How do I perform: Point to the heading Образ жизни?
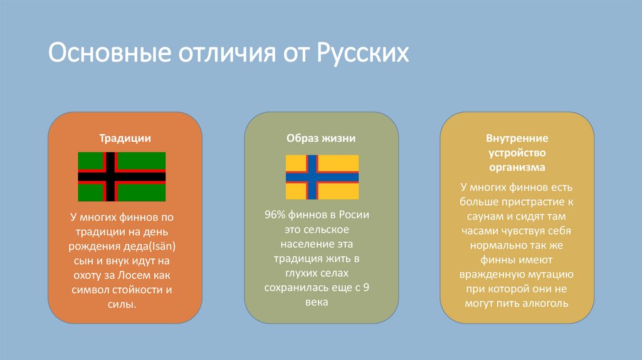pos(321,138)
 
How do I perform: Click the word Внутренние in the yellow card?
pos(517,138)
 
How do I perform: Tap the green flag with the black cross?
pos(122,176)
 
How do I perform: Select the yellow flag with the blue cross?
pos(322,177)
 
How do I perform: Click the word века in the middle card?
pos(322,302)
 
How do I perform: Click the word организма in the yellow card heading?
pos(517,167)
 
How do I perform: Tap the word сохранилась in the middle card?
pos(302,288)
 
